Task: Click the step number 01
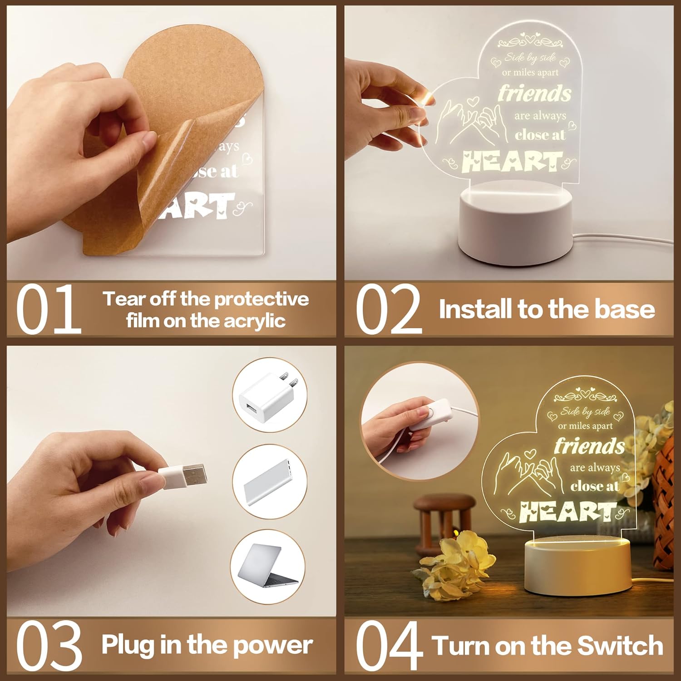pos(49,309)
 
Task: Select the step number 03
pos(49,646)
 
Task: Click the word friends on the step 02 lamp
pos(534,94)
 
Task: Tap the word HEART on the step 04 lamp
pos(567,512)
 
